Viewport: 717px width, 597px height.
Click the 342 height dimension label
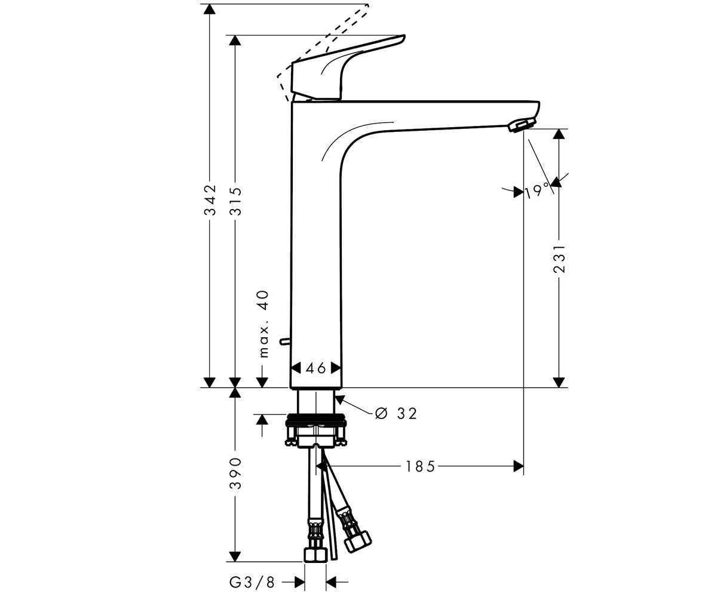[x=210, y=199]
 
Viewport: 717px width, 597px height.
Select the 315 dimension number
[x=235, y=201]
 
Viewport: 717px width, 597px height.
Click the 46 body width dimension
[x=316, y=368]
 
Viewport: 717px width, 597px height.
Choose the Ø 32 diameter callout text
[x=396, y=414]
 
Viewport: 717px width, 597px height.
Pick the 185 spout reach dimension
[x=420, y=466]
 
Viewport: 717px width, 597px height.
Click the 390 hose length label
[x=235, y=473]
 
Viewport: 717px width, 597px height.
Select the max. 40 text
[x=263, y=324]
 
